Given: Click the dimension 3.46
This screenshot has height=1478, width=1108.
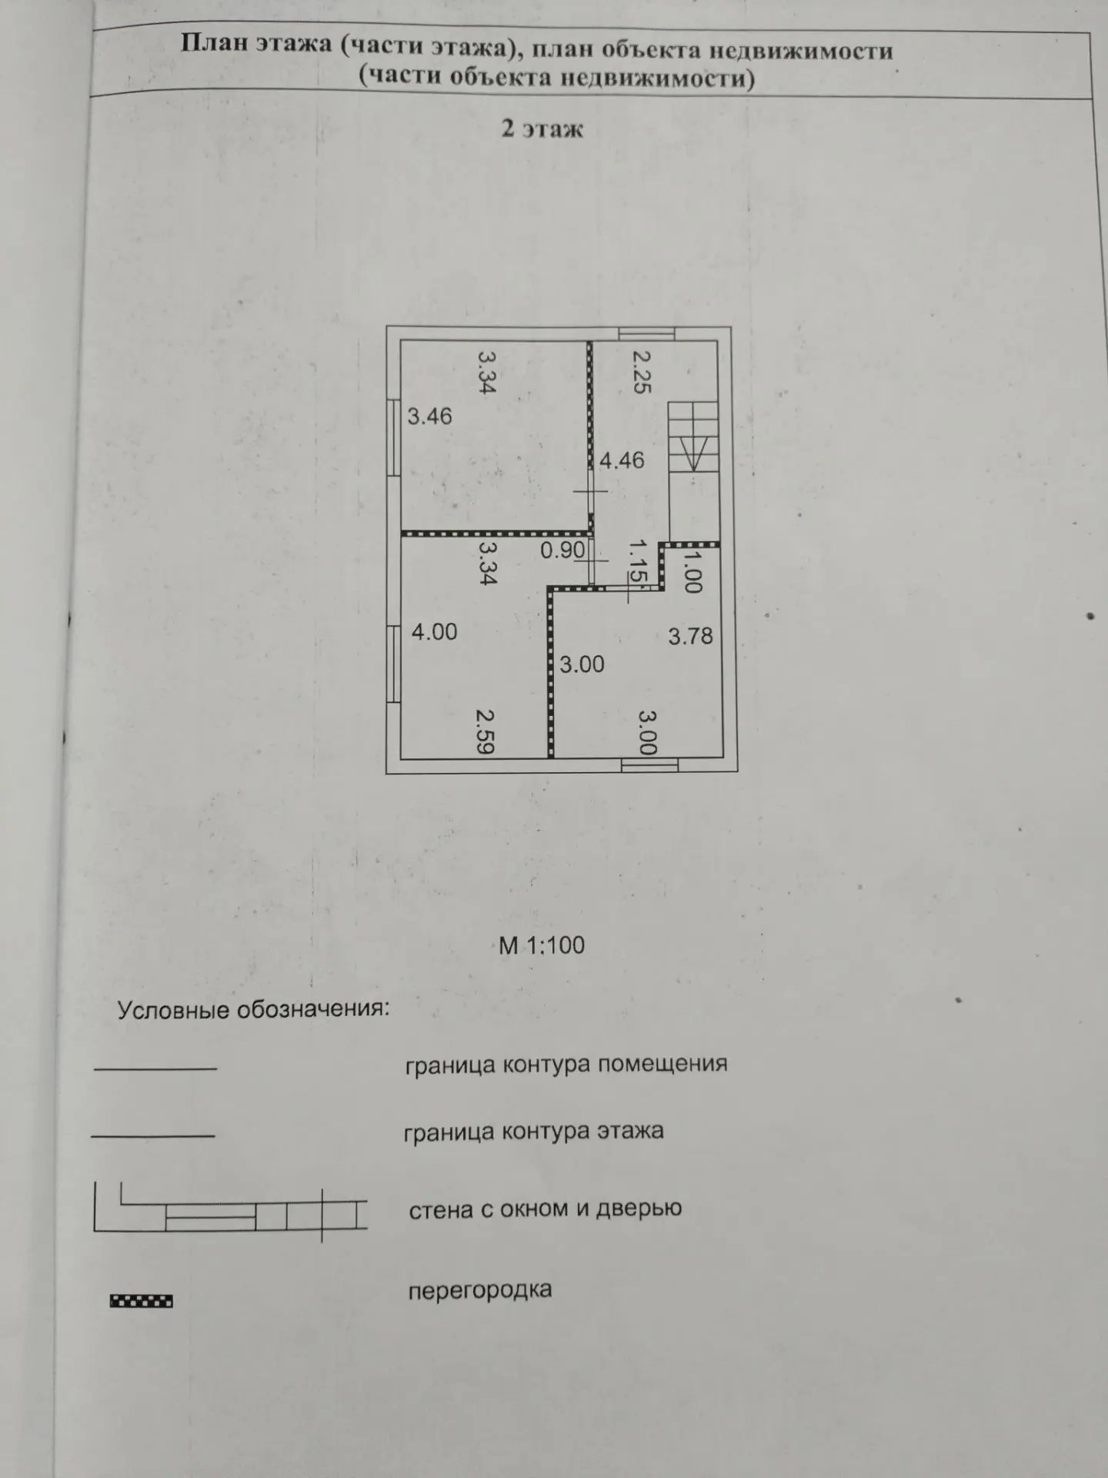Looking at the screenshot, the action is [x=429, y=416].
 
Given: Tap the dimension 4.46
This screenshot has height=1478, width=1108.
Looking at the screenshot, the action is [x=622, y=460].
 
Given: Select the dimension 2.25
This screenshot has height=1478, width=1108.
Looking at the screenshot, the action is [x=642, y=372].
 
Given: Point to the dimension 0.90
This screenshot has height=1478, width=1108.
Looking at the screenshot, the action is [x=562, y=550].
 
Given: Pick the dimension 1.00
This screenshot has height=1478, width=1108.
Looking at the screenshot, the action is [x=692, y=570].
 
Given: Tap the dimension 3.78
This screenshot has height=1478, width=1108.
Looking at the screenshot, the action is [x=690, y=636].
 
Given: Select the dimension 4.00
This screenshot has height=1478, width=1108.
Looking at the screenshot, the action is [x=434, y=632].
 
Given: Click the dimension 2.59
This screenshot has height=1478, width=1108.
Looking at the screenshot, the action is [x=485, y=731].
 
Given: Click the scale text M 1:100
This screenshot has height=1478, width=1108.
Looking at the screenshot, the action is [x=542, y=945].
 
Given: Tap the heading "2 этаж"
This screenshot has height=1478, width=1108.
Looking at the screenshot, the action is [x=542, y=129].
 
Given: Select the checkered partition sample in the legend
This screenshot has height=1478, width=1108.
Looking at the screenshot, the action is [x=142, y=1301].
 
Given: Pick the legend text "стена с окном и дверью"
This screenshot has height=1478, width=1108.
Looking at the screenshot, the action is [x=546, y=1209].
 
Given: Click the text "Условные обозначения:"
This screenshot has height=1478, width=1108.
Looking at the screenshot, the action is [x=253, y=1009].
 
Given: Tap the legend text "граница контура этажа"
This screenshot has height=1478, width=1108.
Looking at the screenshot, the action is [x=533, y=1132].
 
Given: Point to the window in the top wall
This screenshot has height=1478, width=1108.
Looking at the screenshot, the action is [x=647, y=333].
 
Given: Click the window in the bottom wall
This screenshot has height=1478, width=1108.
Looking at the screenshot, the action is [x=650, y=764].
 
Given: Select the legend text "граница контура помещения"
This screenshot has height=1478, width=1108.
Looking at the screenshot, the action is [x=566, y=1065].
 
